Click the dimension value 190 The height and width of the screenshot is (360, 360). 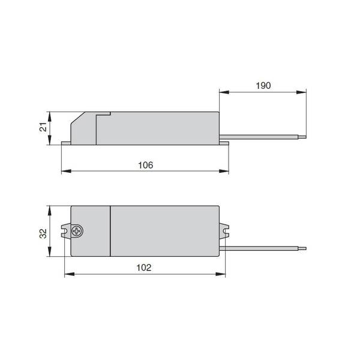[x=263, y=86]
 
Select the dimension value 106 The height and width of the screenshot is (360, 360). [x=146, y=165]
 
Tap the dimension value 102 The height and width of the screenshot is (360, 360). [x=144, y=268]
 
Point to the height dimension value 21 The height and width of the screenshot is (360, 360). [x=43, y=127]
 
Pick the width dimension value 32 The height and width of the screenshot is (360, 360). [x=43, y=233]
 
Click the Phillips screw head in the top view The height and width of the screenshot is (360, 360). [x=77, y=231]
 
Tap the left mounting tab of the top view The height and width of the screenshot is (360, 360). [x=66, y=231]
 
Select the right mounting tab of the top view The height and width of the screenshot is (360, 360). [x=224, y=231]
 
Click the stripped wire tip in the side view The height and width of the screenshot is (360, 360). [x=302, y=137]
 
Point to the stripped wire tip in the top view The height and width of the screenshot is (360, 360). [x=302, y=248]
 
